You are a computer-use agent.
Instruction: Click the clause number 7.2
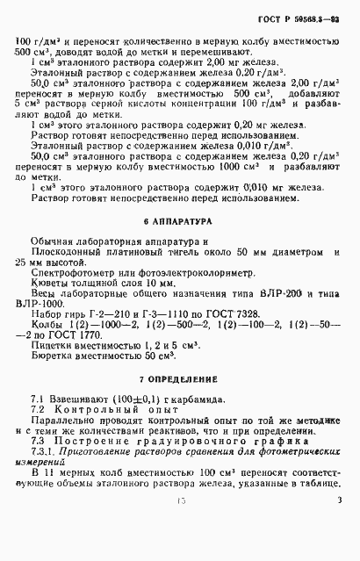coord(38,436)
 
